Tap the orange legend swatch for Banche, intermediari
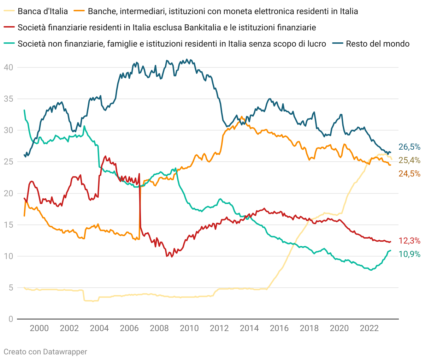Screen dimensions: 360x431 point(79,11)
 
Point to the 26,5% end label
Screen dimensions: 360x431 point(409,147)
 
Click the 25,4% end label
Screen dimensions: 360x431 point(409,161)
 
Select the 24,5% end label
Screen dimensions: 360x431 point(409,174)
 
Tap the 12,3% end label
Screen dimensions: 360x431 point(409,241)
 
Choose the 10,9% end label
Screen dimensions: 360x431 point(409,254)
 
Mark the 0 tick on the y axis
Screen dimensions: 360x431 point(11,319)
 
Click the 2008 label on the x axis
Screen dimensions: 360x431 point(159,328)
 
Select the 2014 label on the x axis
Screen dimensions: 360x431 point(249,328)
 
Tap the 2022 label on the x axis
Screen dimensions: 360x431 point(369,328)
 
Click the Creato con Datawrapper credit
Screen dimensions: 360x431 point(45,352)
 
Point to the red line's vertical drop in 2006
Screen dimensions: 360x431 point(140,205)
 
